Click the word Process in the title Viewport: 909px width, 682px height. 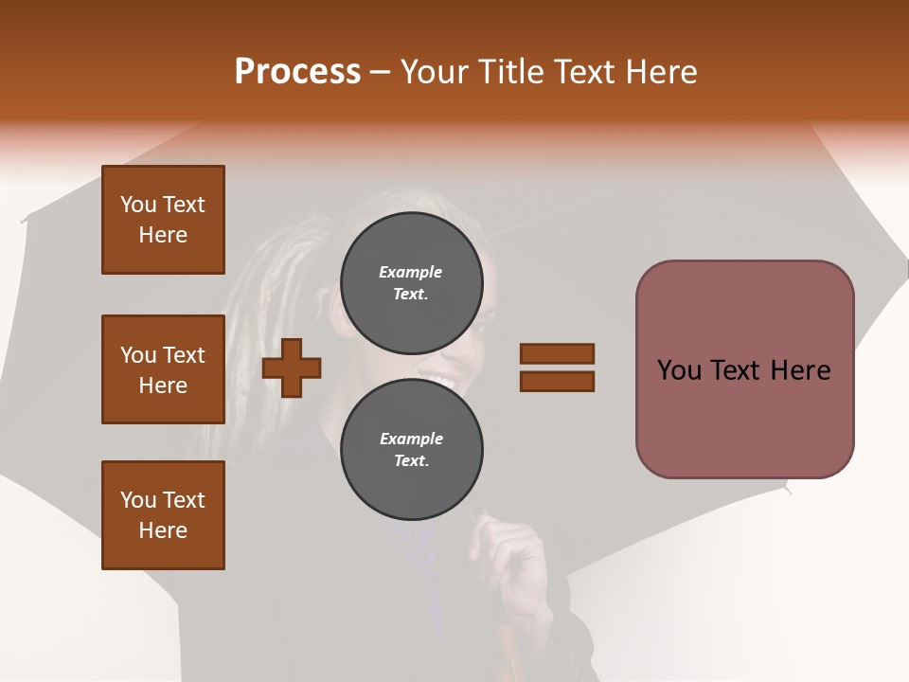pyautogui.click(x=297, y=71)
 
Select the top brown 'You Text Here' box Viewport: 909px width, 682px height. pyautogui.click(x=163, y=220)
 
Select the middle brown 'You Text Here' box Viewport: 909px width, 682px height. pyautogui.click(x=163, y=369)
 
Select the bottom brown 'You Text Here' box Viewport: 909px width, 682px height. pyautogui.click(x=163, y=515)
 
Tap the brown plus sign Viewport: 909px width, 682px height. pyautogui.click(x=292, y=368)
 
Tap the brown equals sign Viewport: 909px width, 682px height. pyautogui.click(x=557, y=368)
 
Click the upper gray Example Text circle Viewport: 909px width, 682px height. pyautogui.click(x=411, y=282)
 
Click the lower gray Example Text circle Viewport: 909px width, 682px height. pyautogui.click(x=411, y=449)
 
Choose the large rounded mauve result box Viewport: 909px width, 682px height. pyautogui.click(x=744, y=369)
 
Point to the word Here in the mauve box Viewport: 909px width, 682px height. pyautogui.click(x=800, y=369)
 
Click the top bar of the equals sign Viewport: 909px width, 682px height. pyautogui.click(x=557, y=353)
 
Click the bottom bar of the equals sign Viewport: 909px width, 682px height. pyautogui.click(x=557, y=382)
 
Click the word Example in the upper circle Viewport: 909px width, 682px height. pyautogui.click(x=411, y=272)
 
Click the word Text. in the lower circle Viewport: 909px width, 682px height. pyautogui.click(x=411, y=461)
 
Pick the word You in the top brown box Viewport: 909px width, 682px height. pyautogui.click(x=137, y=205)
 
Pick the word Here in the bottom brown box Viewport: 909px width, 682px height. pyautogui.click(x=163, y=530)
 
